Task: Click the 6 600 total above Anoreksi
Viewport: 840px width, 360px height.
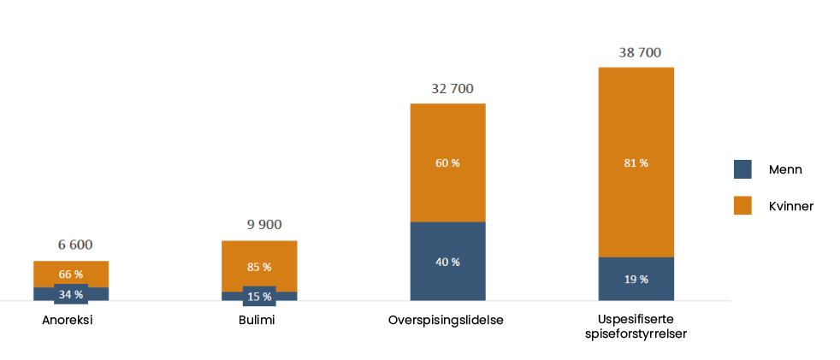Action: click(x=75, y=245)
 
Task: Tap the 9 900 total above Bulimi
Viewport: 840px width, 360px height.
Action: click(x=263, y=225)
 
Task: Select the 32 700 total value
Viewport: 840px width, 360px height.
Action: click(x=452, y=88)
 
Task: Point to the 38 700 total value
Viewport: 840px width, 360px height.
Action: click(x=640, y=52)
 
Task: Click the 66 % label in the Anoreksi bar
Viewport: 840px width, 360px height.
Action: click(x=71, y=274)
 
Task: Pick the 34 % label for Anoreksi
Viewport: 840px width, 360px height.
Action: click(x=71, y=294)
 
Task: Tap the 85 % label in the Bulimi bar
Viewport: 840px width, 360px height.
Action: click(x=259, y=267)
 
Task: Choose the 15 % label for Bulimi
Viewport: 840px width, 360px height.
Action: click(x=259, y=297)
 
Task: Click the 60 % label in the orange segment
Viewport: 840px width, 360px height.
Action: click(x=447, y=163)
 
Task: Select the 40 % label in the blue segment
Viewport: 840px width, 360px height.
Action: click(x=447, y=262)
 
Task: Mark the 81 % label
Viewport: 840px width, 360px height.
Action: click(x=636, y=162)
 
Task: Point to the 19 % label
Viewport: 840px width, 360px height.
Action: click(x=636, y=279)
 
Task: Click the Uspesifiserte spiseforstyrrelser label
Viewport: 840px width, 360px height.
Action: click(x=636, y=327)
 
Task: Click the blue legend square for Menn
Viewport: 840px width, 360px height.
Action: click(x=742, y=169)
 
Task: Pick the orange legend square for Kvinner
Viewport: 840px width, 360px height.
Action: click(x=742, y=205)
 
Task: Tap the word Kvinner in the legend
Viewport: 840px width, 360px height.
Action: click(x=790, y=206)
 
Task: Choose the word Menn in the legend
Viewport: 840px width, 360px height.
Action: click(x=785, y=170)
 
